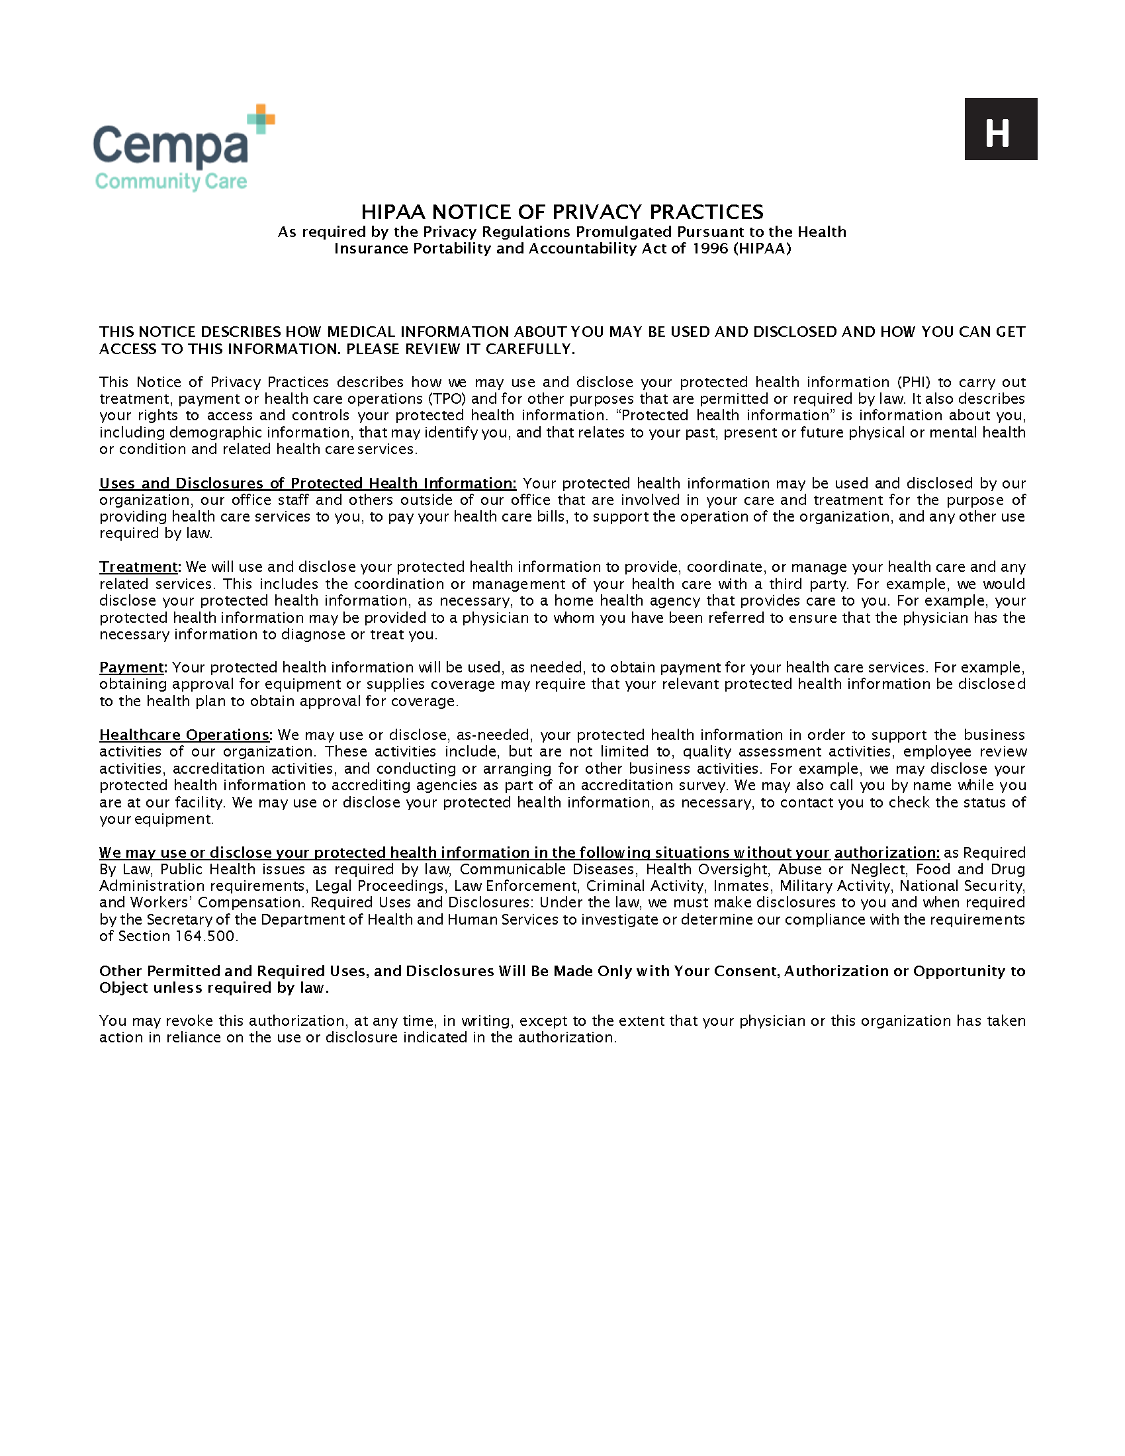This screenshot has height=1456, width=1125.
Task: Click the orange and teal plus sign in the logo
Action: pyautogui.click(x=261, y=118)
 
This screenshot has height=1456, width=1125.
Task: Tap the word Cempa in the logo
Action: pyautogui.click(x=171, y=146)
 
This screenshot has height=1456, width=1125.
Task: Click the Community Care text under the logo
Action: pyautogui.click(x=171, y=181)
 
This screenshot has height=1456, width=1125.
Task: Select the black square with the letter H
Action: pyautogui.click(x=1001, y=129)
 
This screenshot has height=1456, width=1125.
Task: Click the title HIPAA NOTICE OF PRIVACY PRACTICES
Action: pyautogui.click(x=562, y=212)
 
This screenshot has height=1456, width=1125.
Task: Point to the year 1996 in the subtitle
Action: pyautogui.click(x=709, y=249)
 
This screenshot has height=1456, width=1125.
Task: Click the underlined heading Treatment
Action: pyautogui.click(x=138, y=567)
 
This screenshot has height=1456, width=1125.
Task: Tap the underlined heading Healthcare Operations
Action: pyautogui.click(x=185, y=735)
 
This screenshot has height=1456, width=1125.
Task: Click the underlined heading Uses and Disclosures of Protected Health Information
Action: pyautogui.click(x=307, y=483)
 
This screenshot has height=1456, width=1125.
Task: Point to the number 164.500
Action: pyautogui.click(x=204, y=936)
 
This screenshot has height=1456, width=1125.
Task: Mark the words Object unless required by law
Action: pyautogui.click(x=213, y=988)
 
